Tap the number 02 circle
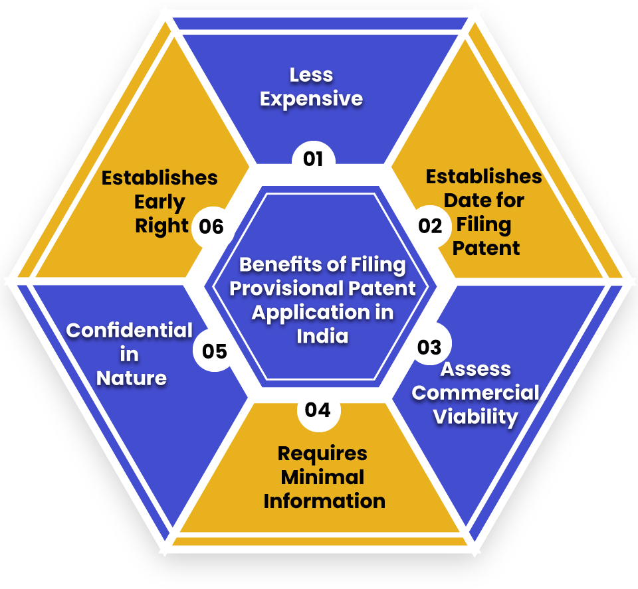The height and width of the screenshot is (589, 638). [430, 226]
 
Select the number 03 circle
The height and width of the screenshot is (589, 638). [430, 344]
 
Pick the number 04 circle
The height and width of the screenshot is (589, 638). [318, 410]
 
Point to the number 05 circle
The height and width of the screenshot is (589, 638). [215, 351]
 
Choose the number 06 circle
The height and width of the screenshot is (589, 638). [211, 226]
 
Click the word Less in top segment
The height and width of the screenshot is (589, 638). [311, 75]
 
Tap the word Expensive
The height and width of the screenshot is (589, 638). [311, 99]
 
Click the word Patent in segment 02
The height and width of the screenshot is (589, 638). [486, 248]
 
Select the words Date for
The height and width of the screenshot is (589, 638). [484, 201]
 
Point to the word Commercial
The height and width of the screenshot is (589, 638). [475, 393]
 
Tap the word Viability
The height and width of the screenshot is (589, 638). [475, 417]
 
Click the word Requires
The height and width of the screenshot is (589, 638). [322, 454]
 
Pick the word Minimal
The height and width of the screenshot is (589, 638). [322, 477]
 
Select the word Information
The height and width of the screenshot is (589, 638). [324, 501]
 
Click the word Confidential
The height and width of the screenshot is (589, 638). [130, 331]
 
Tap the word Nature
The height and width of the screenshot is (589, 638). [132, 379]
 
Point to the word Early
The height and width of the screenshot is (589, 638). [159, 203]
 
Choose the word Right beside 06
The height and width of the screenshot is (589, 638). [161, 226]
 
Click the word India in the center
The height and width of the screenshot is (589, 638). [322, 337]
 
